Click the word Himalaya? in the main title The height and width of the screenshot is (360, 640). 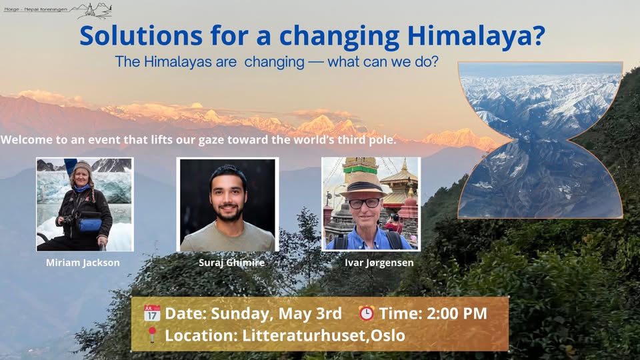[476, 36]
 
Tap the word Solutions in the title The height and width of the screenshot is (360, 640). [141, 35]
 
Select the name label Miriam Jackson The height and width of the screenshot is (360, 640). [83, 263]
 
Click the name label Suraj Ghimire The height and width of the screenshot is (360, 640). [231, 263]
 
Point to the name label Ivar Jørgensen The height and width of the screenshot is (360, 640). [379, 263]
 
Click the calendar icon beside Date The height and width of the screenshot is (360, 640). [152, 313]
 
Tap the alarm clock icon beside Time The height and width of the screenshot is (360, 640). [366, 313]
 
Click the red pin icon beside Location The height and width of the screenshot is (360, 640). [152, 335]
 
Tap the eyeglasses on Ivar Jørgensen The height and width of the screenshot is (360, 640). [364, 203]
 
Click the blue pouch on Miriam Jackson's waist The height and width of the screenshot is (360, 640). [90, 225]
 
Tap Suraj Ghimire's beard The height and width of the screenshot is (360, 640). [229, 211]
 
